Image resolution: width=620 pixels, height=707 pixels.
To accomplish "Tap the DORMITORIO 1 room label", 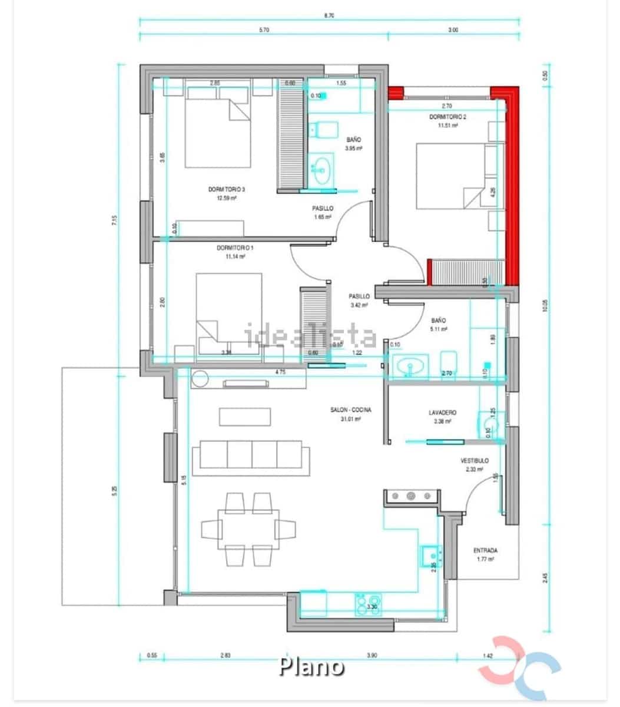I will [x=234, y=248].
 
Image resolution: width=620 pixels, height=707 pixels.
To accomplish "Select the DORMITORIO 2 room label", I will [x=447, y=117].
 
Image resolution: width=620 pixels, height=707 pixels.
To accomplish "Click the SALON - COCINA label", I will [x=350, y=411].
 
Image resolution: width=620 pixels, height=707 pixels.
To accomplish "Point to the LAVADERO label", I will [x=442, y=413].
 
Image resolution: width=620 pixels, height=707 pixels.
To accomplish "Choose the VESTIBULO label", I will [x=474, y=461].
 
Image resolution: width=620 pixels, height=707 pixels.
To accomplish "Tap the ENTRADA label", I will [x=485, y=551].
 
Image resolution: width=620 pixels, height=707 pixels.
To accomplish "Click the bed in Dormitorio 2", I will [x=450, y=176].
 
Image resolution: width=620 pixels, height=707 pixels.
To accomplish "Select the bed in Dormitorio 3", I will [x=216, y=133].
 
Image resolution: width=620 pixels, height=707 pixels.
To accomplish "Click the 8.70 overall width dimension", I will [x=329, y=16].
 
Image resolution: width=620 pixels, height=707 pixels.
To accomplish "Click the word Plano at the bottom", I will [x=311, y=666].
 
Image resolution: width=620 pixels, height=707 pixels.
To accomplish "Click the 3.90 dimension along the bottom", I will [x=372, y=655].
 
